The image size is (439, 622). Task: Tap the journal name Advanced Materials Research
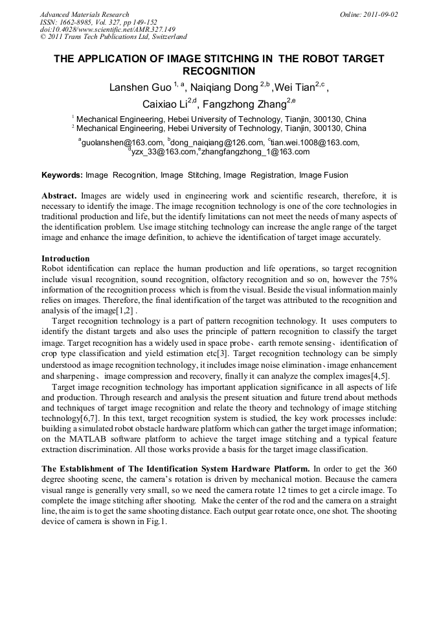pos(84,14)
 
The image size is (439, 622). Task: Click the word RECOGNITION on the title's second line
pos(219,71)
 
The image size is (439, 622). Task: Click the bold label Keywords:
pos(62,175)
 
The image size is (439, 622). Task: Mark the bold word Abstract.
pos(60,195)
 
